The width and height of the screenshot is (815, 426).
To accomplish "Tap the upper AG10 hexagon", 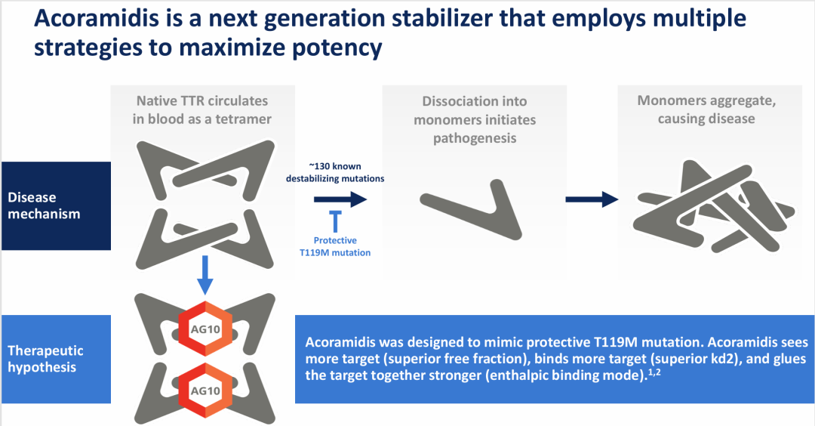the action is coord(206,329).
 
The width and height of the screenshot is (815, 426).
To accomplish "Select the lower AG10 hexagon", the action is coord(206,390).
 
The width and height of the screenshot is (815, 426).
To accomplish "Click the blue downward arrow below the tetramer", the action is coord(205,275).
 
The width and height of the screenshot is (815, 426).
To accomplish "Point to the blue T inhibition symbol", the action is coord(335,221).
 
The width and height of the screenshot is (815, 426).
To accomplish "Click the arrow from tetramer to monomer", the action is coord(340,199).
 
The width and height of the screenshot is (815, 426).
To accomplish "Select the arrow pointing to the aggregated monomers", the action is coord(592,199).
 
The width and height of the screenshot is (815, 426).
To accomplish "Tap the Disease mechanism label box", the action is coord(56,206).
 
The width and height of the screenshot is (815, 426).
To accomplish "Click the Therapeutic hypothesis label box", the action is coord(56,359).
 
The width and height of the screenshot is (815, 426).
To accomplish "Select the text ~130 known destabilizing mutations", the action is coord(335,172).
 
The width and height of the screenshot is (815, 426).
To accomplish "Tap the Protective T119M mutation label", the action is coord(335,246).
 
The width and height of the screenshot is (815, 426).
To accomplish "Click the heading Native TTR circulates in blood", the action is coord(202,110).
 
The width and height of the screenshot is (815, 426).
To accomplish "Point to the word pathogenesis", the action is coord(475,138).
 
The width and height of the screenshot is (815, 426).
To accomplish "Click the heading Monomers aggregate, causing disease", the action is coord(707,110).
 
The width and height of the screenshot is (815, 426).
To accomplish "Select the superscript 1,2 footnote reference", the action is coord(654,372).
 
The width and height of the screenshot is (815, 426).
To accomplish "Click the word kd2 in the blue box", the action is coord(727,359).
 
